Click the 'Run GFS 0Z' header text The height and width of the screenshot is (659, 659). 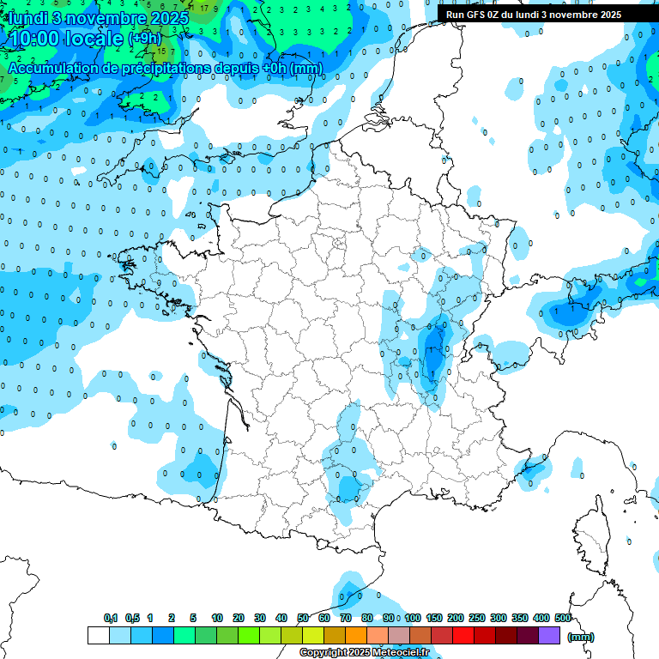tap(534, 15)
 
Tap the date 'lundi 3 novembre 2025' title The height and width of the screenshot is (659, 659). tap(98, 18)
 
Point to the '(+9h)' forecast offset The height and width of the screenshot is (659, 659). tap(145, 39)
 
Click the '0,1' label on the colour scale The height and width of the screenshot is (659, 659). tap(111, 618)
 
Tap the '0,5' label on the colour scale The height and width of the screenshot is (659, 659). tap(132, 618)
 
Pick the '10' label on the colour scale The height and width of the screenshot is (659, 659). tap(217, 618)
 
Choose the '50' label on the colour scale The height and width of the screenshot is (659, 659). tap(303, 618)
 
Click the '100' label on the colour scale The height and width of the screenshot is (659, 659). tap(413, 618)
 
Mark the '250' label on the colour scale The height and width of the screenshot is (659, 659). tap(477, 618)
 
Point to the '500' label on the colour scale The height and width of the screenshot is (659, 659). tap(563, 618)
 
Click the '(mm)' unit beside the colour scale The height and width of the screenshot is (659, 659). tap(581, 637)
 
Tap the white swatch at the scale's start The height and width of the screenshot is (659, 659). tap(99, 636)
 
